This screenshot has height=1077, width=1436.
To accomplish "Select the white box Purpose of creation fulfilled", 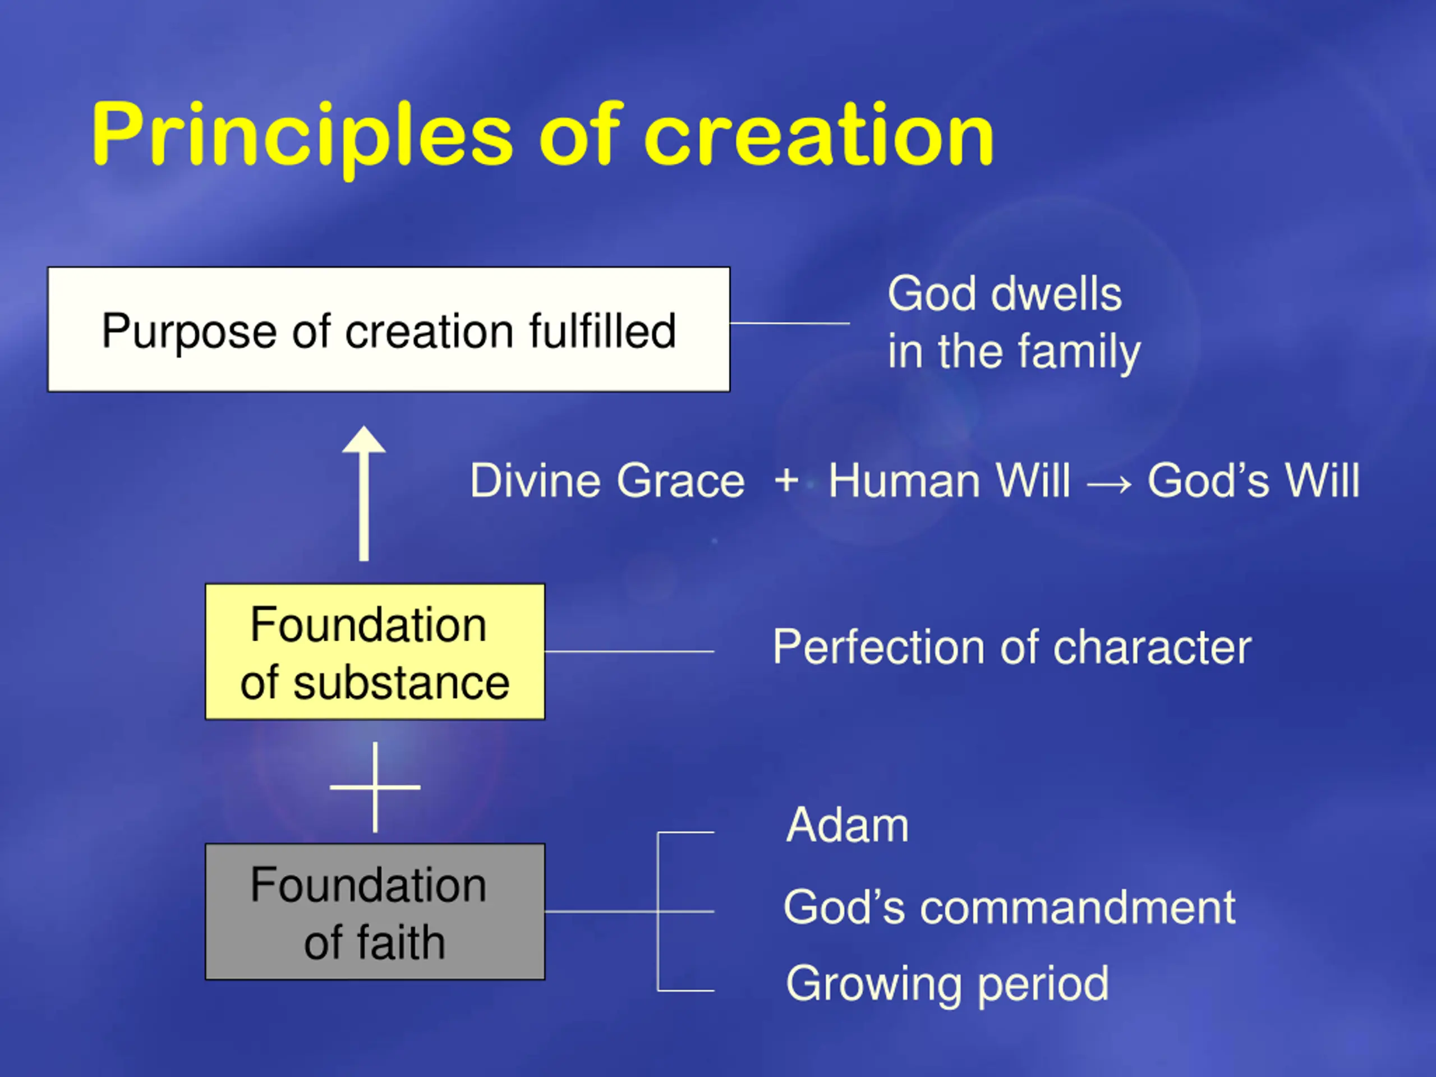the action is [389, 329].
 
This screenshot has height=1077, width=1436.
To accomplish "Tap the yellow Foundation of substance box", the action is [375, 652].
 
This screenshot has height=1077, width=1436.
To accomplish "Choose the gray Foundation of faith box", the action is [375, 912].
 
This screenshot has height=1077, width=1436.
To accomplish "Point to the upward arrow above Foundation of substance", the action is [364, 494].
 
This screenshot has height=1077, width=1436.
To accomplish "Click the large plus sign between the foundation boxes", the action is [375, 787].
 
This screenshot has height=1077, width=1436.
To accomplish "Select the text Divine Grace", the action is [607, 481].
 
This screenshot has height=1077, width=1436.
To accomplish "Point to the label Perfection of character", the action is [1012, 647].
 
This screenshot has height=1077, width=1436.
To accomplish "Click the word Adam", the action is [847, 825].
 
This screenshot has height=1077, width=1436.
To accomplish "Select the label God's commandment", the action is [1010, 907].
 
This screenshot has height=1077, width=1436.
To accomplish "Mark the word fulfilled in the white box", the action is [602, 330].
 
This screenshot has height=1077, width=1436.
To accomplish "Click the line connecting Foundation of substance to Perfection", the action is [630, 651].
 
